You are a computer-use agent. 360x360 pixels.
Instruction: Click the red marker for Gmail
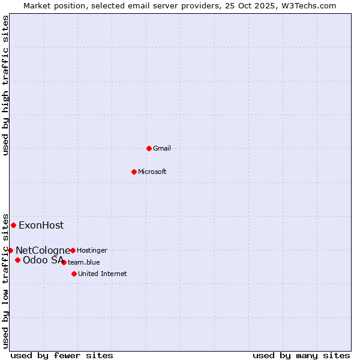(149, 148)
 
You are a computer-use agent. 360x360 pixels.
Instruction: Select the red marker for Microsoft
(134, 172)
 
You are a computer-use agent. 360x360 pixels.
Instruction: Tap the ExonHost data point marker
(13, 225)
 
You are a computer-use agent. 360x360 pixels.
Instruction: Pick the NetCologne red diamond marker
(10, 250)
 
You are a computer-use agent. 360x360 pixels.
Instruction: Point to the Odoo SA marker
(17, 260)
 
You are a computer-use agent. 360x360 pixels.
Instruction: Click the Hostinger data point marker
(73, 250)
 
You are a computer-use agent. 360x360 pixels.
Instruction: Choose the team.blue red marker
(64, 262)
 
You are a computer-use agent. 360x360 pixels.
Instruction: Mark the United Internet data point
(74, 274)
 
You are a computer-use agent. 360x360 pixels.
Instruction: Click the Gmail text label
(162, 148)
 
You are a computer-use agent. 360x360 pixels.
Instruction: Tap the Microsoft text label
(152, 172)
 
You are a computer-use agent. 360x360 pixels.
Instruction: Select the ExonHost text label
(41, 226)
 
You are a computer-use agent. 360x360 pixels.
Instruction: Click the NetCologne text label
(43, 250)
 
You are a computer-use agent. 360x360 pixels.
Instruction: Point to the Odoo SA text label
(43, 260)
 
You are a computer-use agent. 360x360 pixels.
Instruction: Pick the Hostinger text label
(92, 250)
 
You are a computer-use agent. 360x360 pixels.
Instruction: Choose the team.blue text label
(84, 262)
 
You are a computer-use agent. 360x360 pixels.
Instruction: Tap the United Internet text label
(102, 274)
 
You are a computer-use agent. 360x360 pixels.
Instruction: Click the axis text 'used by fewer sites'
(62, 355)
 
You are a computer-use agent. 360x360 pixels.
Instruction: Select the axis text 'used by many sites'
(301, 355)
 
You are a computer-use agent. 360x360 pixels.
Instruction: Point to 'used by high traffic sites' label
(5, 85)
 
